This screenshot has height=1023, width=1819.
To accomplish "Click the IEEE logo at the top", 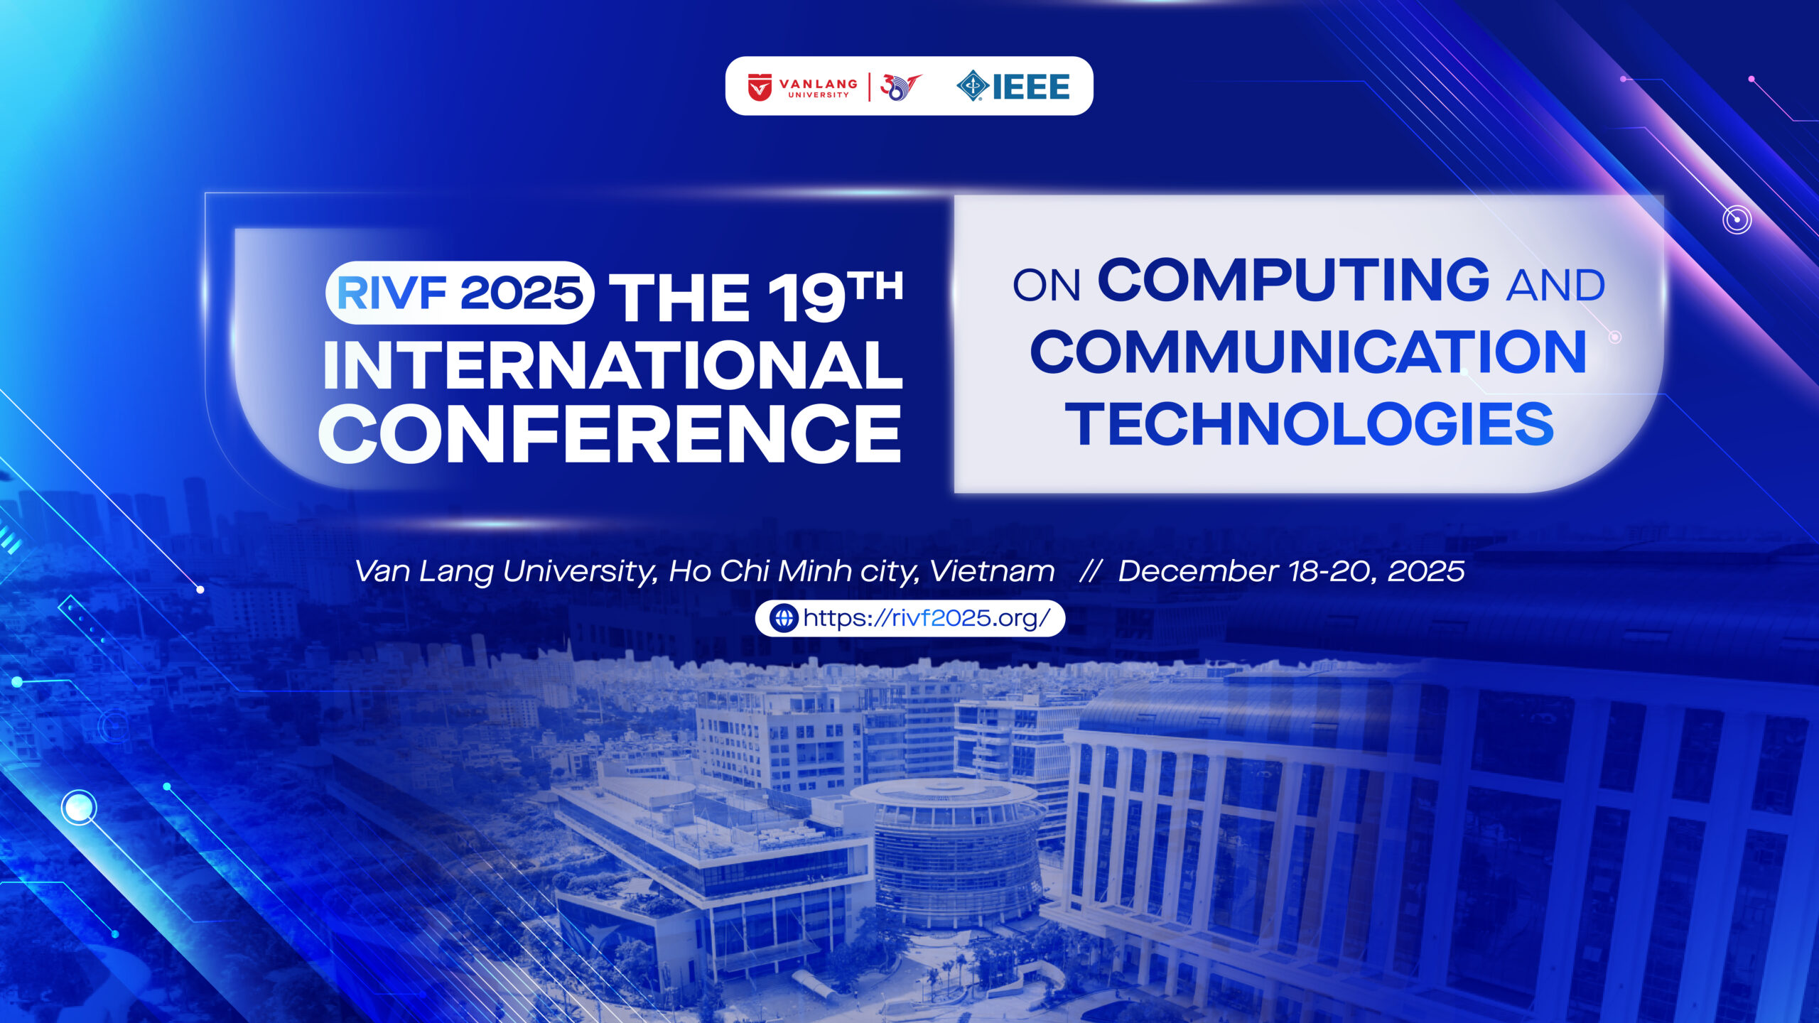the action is coord(1013,87).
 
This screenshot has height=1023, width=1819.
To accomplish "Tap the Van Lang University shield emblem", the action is coord(760,87).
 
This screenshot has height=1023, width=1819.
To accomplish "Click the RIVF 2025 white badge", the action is coord(460,293).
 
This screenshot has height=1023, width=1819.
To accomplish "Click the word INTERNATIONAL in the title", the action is coord(612,365).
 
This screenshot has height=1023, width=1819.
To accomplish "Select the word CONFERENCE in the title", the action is coord(610,434).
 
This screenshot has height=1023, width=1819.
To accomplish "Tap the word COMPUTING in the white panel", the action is coord(1293,280).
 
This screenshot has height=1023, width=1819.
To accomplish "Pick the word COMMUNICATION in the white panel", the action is coord(1308,352).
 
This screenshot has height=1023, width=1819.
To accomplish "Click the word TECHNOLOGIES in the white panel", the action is coord(1310,424).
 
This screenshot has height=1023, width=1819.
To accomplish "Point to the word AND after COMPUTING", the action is coord(1555,286).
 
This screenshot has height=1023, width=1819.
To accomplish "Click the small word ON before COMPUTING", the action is coord(1047,286).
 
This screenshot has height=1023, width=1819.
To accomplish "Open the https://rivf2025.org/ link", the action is coord(926,618).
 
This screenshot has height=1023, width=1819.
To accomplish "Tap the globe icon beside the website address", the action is coord(784,618).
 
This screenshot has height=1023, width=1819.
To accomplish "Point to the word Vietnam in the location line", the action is coord(992,571).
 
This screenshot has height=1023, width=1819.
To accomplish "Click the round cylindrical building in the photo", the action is coord(949,850).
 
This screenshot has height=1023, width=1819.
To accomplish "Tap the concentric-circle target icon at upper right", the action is coord(1737,220).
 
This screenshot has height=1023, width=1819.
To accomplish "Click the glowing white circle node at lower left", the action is coord(78,807).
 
